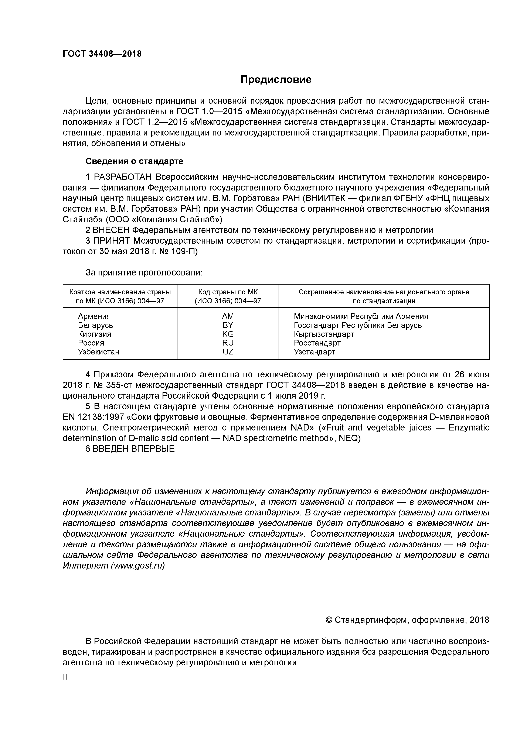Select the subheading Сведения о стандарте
click(x=134, y=161)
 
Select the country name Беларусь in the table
click(x=95, y=325)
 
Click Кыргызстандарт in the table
click(x=324, y=334)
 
